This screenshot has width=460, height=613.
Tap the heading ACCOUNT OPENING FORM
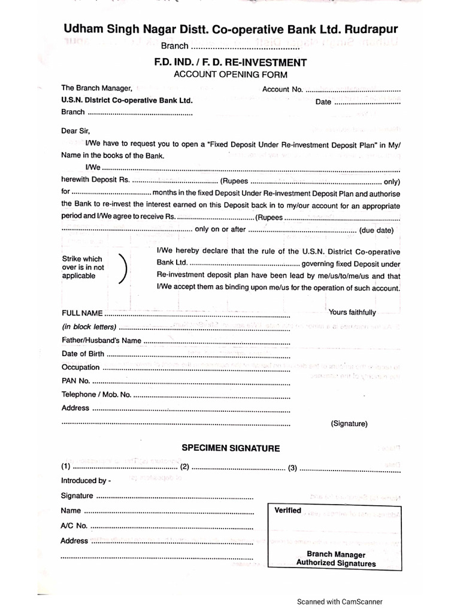[x=230, y=74]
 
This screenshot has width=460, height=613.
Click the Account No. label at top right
[x=283, y=90]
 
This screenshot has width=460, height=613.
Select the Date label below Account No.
[x=323, y=102]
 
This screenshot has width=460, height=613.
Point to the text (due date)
[x=376, y=230]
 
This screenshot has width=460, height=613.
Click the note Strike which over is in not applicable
[x=83, y=268]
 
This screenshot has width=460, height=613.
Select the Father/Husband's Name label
[x=101, y=340]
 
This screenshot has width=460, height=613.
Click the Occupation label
[x=80, y=367]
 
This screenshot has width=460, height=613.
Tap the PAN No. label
[x=76, y=381]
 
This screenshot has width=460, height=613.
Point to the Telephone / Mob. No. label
[x=96, y=394]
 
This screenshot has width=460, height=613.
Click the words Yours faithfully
[x=352, y=312]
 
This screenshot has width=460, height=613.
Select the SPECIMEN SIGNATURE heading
[x=231, y=448]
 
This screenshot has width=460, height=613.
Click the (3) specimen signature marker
[x=292, y=468]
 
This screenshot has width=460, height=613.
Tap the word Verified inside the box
[x=287, y=511]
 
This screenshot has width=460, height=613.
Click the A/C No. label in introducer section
[x=74, y=526]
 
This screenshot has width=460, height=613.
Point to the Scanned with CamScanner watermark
[x=339, y=602]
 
